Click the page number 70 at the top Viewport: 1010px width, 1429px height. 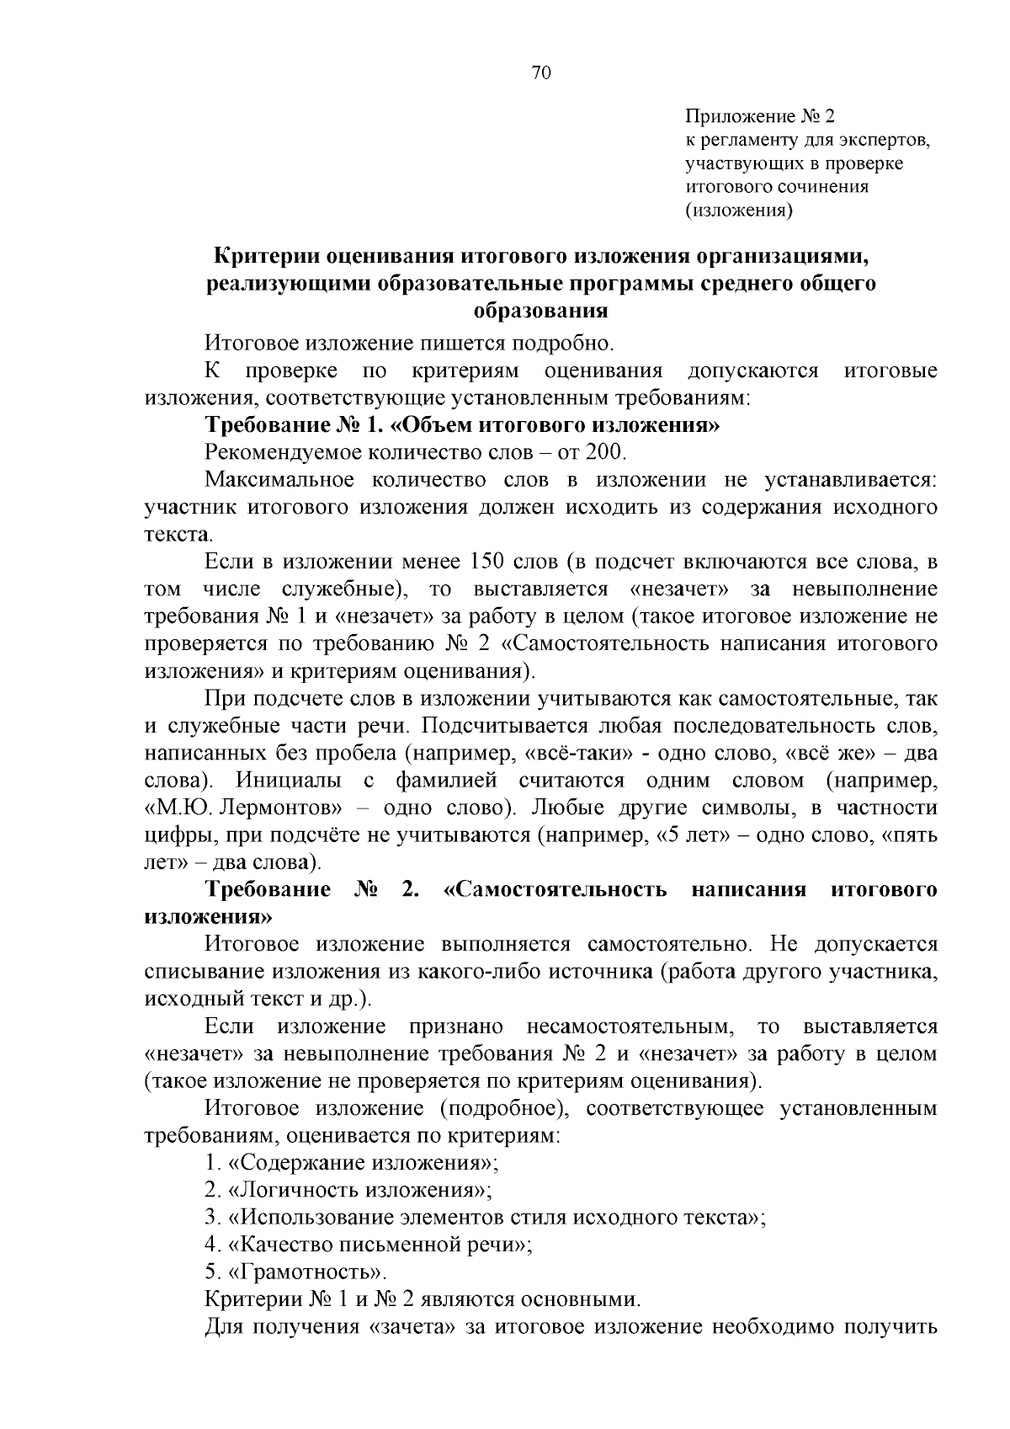[541, 73]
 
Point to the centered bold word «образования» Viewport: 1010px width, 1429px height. [541, 311]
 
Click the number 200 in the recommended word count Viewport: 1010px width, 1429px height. [606, 452]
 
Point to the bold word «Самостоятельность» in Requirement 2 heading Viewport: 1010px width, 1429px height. [561, 890]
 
